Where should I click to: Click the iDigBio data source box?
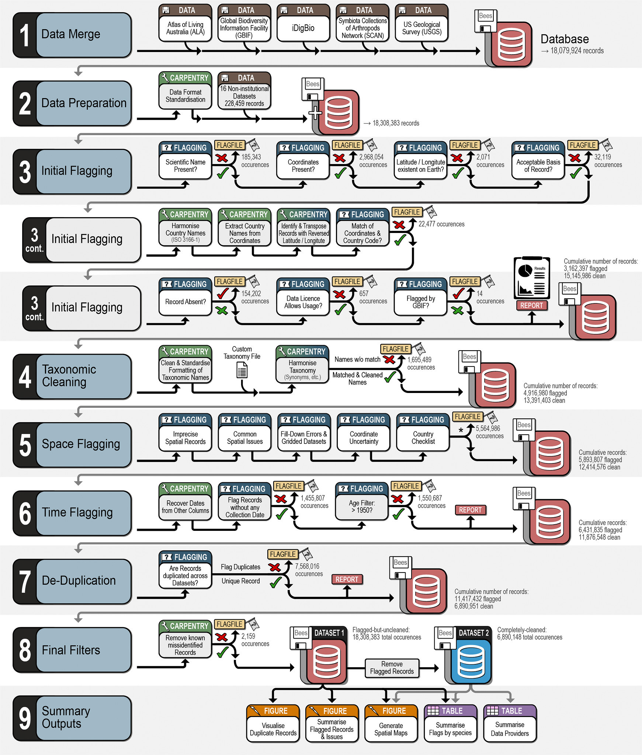(x=303, y=28)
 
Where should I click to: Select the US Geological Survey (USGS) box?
(x=421, y=28)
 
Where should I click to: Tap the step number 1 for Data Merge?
(x=25, y=35)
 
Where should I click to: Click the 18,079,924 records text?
(x=577, y=51)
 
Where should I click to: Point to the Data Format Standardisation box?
(x=185, y=96)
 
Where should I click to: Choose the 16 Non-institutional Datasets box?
(x=244, y=96)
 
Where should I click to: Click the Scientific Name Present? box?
(x=185, y=166)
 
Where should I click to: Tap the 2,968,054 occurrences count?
(x=373, y=161)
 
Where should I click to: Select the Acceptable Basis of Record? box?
(x=538, y=166)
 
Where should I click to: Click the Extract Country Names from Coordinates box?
(x=244, y=233)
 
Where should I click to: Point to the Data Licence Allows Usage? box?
(x=303, y=302)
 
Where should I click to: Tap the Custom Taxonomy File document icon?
(x=242, y=370)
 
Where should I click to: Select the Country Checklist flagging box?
(x=423, y=438)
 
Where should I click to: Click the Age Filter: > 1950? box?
(x=362, y=507)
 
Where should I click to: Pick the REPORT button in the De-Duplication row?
(x=347, y=580)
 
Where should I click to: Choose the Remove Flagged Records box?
(x=392, y=668)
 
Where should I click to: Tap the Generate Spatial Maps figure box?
(x=391, y=729)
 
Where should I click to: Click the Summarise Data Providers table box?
(x=510, y=729)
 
